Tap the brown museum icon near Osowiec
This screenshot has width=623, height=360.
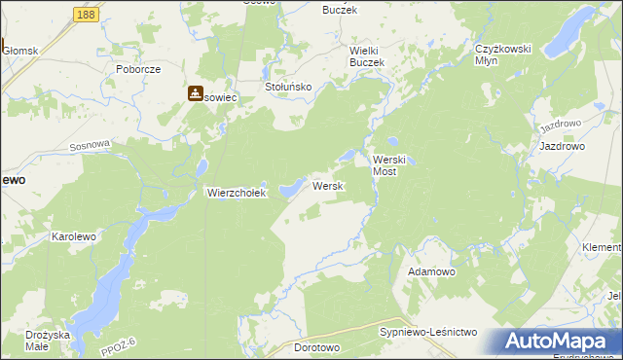point(196,93)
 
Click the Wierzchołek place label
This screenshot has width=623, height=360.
point(236,193)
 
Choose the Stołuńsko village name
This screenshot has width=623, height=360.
point(288,87)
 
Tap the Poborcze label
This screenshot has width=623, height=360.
point(137,70)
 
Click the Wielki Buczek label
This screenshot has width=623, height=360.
point(367,55)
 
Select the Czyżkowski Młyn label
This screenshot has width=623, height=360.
point(500,54)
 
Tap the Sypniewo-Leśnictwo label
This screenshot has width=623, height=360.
point(427,332)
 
